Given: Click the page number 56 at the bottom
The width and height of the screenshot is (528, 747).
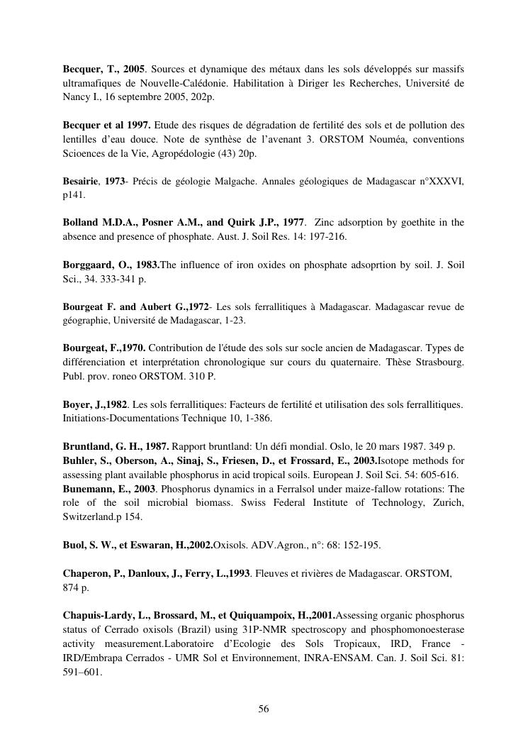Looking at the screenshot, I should [264, 709].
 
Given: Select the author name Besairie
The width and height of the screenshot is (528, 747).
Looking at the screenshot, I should [82, 182].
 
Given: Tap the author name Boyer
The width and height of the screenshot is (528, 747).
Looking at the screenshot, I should [77, 404].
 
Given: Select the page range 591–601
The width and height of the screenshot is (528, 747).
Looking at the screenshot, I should [82, 670].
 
